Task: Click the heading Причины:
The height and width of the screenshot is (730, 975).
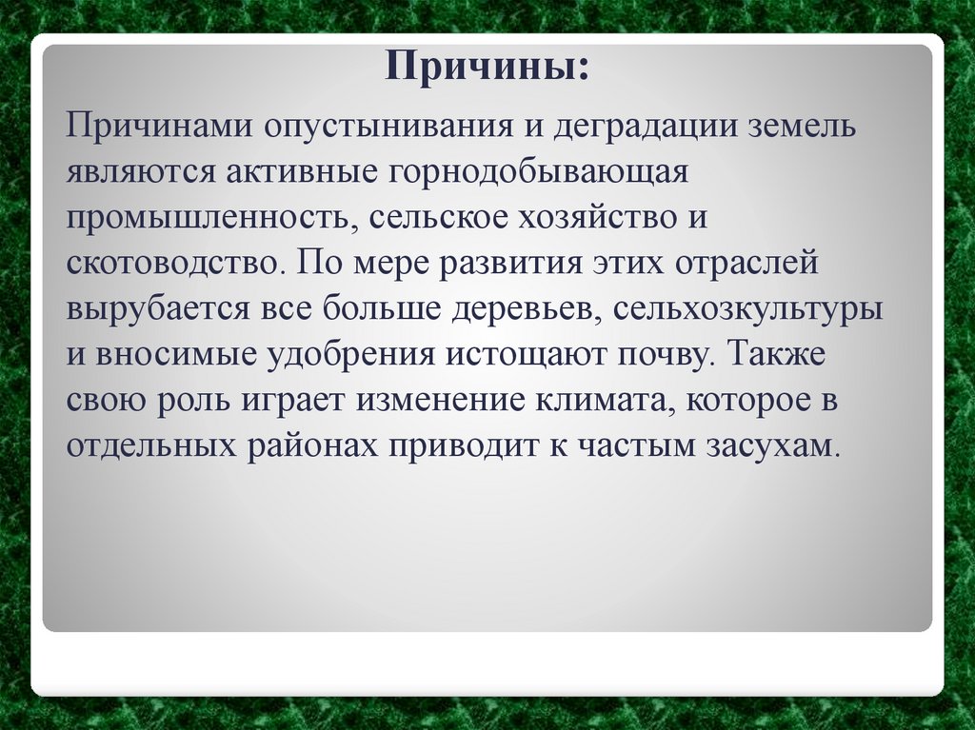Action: (x=487, y=68)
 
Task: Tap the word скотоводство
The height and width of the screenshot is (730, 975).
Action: (x=172, y=263)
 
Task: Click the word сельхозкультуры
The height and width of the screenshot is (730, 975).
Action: (x=746, y=308)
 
